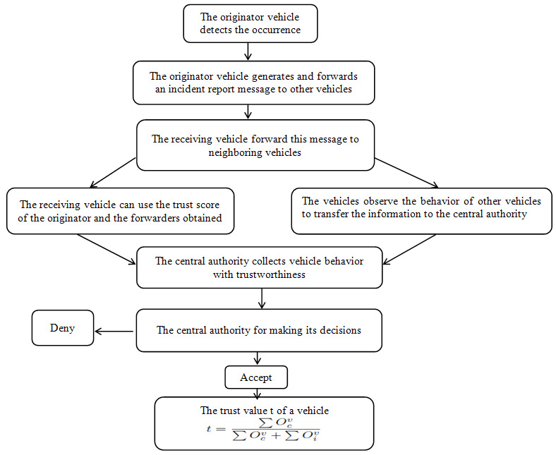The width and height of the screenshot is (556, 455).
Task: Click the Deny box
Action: click(x=62, y=328)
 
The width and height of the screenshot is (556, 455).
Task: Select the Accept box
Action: click(x=255, y=378)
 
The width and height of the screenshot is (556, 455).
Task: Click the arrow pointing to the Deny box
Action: click(x=114, y=330)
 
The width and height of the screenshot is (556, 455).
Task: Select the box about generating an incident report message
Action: click(x=253, y=83)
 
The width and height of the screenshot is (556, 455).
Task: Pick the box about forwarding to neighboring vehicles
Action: click(x=255, y=145)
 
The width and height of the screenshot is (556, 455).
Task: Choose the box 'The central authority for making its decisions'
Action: click(x=259, y=330)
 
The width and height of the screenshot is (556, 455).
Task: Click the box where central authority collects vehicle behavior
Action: click(x=259, y=267)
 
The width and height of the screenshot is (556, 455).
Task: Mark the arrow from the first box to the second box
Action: click(x=248, y=51)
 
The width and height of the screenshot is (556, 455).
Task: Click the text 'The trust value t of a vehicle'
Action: click(x=264, y=411)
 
